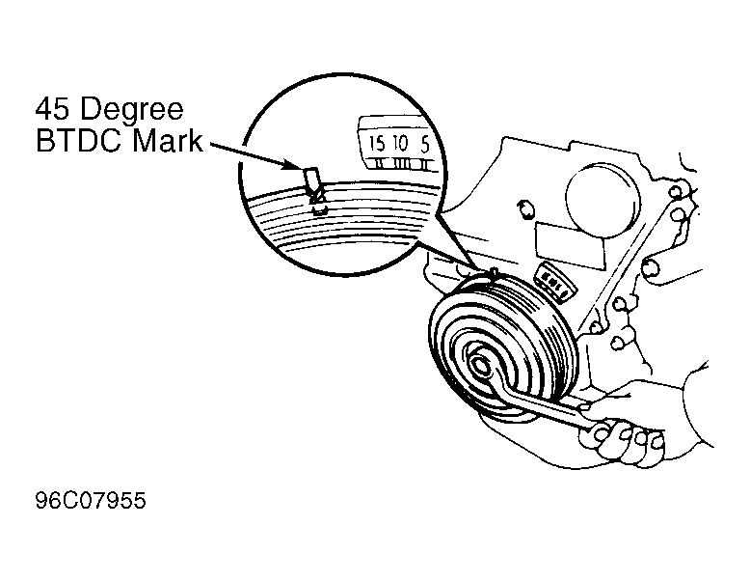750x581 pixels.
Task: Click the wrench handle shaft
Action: [545, 406]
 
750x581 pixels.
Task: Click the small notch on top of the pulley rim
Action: [494, 275]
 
